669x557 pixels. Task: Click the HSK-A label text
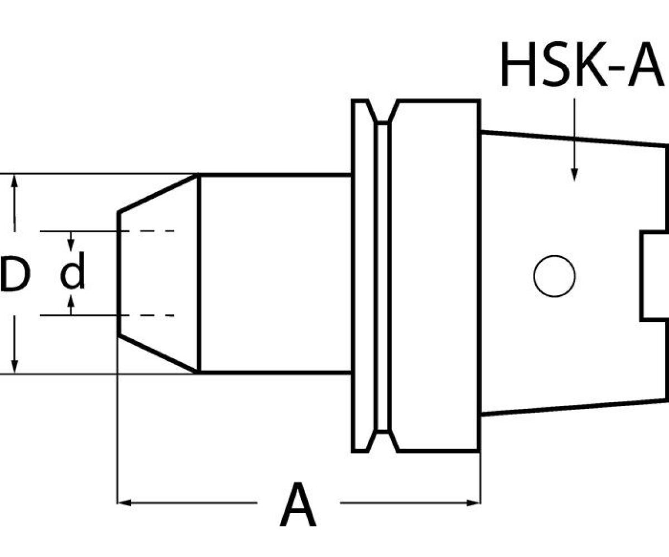coord(581,64)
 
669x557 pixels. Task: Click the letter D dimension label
coord(15,273)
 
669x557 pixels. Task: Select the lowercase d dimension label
coord(73,271)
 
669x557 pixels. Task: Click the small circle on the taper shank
coord(554,276)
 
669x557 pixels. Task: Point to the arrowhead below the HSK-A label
coord(574,175)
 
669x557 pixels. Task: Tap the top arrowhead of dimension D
coord(14,181)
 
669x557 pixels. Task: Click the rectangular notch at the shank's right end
coord(655,276)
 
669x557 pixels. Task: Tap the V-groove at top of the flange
coord(382,111)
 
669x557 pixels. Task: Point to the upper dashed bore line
coord(151,231)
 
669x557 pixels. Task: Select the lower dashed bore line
coord(151,316)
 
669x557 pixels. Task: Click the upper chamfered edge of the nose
coord(158,193)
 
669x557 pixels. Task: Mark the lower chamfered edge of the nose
coord(158,354)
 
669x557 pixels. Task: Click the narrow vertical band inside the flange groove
coord(382,276)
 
